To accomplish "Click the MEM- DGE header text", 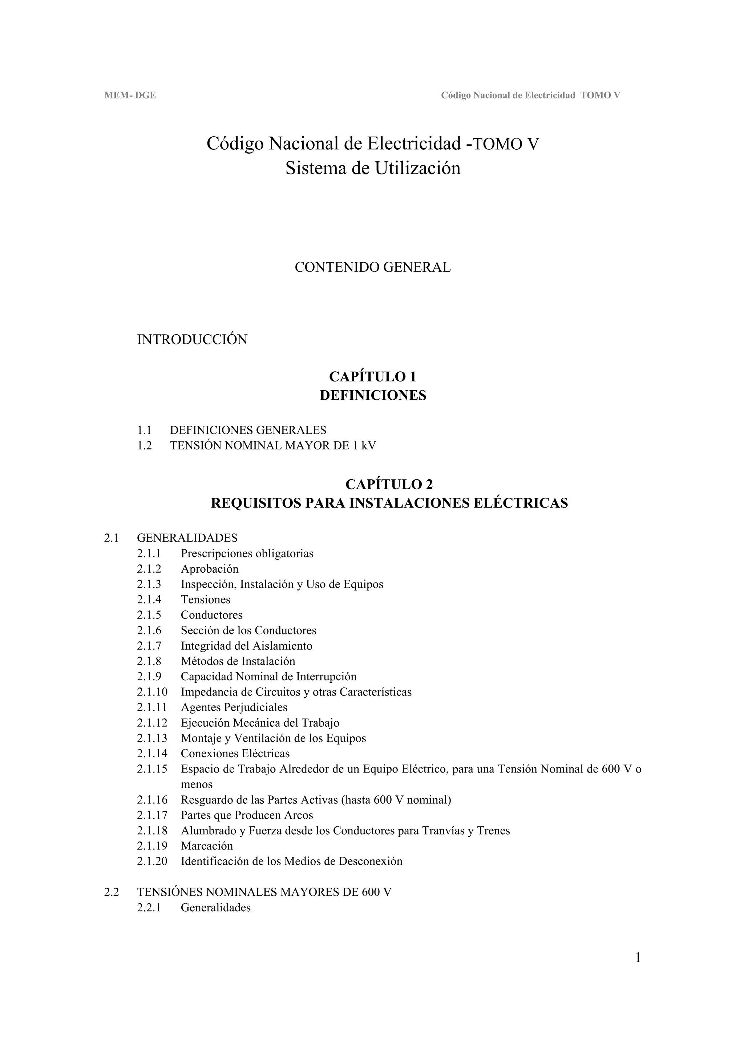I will (x=130, y=96).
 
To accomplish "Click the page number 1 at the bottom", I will (x=638, y=958).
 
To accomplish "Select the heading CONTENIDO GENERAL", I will (x=372, y=267).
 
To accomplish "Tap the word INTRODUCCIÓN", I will (x=192, y=340).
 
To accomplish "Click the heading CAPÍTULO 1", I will (x=373, y=376).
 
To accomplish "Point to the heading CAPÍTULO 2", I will (x=389, y=484).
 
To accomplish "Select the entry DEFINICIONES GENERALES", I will (x=248, y=430).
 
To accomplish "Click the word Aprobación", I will (x=210, y=569).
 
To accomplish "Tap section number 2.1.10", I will (x=152, y=692).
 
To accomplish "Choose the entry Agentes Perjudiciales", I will (x=234, y=707).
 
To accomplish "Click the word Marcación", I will (x=207, y=846).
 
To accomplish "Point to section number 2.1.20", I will (x=152, y=861).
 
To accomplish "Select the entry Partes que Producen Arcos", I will (x=247, y=815).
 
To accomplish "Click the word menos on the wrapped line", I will (x=197, y=784).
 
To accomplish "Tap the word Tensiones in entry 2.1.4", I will (x=205, y=600).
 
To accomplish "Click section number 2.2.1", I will (x=149, y=908).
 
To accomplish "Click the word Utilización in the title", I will (x=418, y=168).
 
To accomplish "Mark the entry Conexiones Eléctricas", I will (x=235, y=754).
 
